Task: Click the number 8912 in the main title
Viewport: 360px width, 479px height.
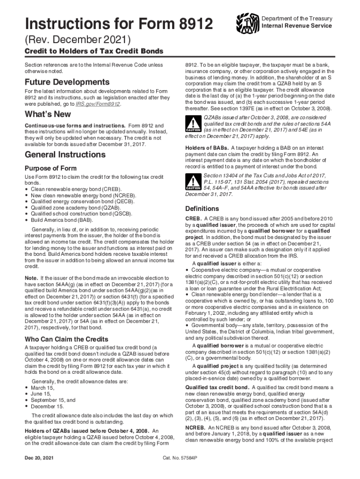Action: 191,23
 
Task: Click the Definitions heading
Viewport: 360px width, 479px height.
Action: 202,209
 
